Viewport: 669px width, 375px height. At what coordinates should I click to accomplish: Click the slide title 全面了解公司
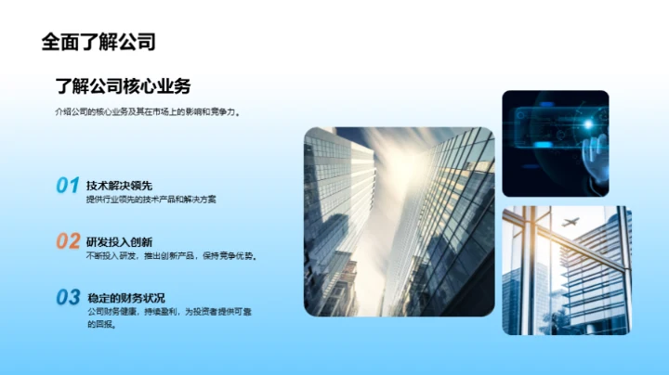[x=98, y=42]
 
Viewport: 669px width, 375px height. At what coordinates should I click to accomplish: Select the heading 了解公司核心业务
[x=123, y=86]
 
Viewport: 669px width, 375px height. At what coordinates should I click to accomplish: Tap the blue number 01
[x=67, y=186]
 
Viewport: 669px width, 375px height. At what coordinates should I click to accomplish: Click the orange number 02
[x=68, y=241]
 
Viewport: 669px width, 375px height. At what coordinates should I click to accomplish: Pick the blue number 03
[x=68, y=298]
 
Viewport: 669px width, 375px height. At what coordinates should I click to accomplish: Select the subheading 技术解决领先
[x=119, y=186]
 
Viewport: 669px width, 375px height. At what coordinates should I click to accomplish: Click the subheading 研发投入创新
[x=119, y=241]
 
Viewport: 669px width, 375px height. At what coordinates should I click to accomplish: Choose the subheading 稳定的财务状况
[x=125, y=298]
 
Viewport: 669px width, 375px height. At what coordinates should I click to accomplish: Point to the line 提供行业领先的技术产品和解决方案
[x=151, y=200]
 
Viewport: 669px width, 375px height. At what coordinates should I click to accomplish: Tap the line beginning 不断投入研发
[x=171, y=255]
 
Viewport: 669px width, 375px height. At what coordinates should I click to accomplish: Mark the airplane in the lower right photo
[x=571, y=223]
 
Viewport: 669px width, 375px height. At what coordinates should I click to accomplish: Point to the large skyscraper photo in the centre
[x=399, y=222]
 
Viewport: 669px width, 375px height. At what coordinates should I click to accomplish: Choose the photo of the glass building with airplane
[x=567, y=270]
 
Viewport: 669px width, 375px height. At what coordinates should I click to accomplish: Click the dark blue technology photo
[x=555, y=143]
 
